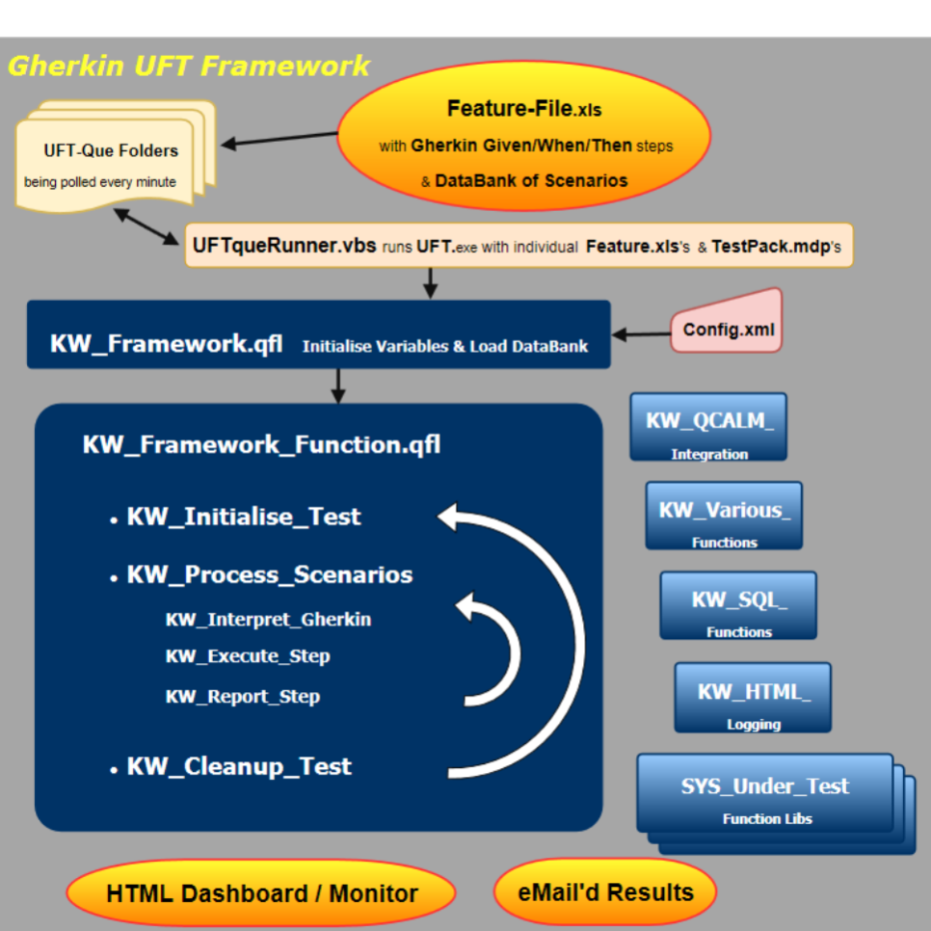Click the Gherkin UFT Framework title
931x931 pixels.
click(189, 66)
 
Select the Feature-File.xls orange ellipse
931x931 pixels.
click(523, 145)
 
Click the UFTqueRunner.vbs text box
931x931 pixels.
click(518, 246)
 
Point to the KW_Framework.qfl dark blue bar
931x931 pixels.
click(318, 334)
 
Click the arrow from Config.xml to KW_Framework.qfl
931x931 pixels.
click(641, 334)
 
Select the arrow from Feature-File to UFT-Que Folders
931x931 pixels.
click(279, 139)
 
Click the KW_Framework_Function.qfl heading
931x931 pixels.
click(261, 444)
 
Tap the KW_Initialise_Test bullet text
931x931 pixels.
click(243, 517)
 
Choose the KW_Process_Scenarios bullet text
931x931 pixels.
click(269, 575)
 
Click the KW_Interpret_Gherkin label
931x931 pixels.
click(268, 619)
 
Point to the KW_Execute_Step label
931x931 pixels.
click(248, 656)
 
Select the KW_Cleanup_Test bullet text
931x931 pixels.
click(239, 767)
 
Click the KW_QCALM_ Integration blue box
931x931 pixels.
click(708, 427)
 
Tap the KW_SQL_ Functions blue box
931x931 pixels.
click(738, 605)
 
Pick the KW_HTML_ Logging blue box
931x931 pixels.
click(753, 697)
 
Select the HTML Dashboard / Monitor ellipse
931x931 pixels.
click(261, 893)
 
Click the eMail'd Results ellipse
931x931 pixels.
click(605, 891)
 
